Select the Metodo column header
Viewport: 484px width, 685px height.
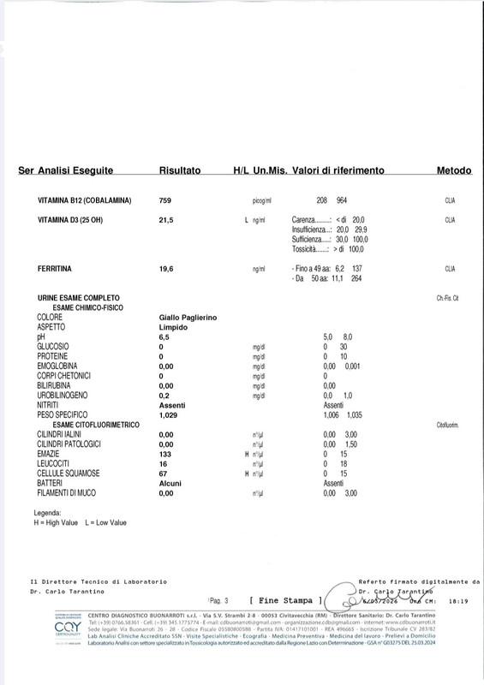coord(454,171)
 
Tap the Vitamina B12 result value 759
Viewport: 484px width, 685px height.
coord(166,200)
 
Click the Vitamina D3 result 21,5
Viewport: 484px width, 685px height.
coord(167,220)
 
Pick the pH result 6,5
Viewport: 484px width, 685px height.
coord(165,337)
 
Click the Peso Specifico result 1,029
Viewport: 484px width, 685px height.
coord(170,414)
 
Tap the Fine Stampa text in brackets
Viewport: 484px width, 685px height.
coord(284,601)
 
